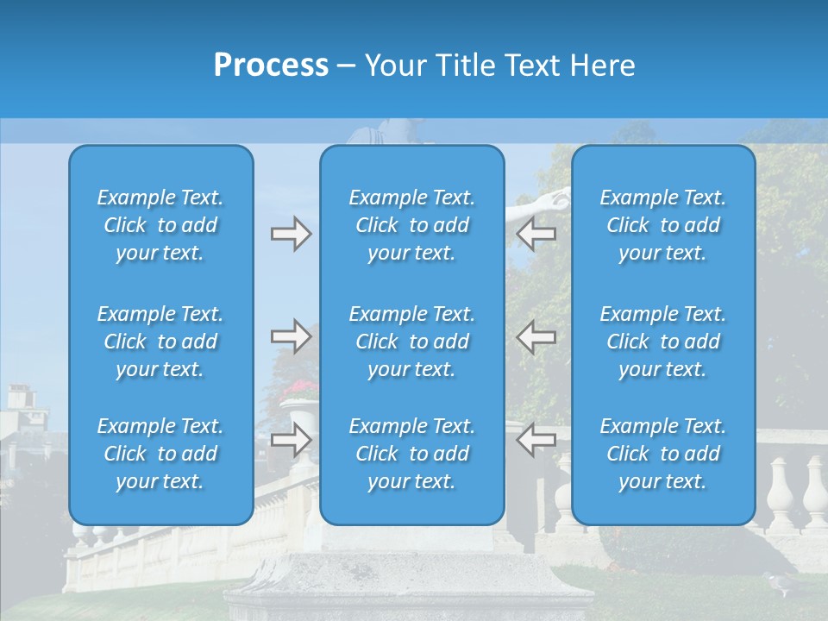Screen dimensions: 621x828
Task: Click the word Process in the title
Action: [271, 66]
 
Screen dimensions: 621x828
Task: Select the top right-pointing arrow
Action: [291, 233]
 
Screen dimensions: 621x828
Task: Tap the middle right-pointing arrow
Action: [291, 336]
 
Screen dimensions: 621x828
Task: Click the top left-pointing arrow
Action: [536, 233]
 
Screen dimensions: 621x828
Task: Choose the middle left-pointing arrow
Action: [536, 336]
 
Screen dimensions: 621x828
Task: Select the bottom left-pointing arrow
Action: [536, 439]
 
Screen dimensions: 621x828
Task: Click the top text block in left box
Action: [160, 225]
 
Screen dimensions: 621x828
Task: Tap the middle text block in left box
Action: [160, 342]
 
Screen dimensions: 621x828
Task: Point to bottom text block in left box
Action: [160, 454]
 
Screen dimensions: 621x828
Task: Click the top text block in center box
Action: [411, 225]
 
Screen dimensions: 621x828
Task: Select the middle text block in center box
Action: [411, 342]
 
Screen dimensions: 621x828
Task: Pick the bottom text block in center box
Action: [411, 454]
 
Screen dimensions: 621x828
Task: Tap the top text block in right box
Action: [662, 225]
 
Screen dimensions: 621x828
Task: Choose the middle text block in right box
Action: [662, 342]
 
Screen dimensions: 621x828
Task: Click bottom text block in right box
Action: [662, 454]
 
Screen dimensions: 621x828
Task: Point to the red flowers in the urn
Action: [298, 389]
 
